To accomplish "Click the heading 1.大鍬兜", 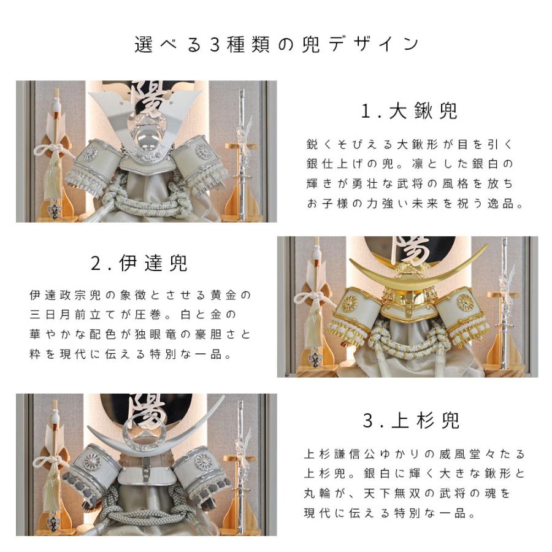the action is (x=409, y=111).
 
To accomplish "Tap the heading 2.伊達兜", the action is (x=139, y=263).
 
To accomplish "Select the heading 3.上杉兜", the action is (x=411, y=420).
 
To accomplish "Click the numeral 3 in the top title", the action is (x=215, y=45).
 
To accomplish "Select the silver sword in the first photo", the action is (x=242, y=155).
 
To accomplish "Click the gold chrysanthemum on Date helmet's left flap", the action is (x=349, y=303).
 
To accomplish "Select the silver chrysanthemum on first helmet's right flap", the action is (x=204, y=151).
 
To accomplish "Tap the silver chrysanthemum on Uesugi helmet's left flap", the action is (x=92, y=462).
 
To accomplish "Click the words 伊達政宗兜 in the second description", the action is (x=65, y=295).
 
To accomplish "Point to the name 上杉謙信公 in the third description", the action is (x=339, y=454).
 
